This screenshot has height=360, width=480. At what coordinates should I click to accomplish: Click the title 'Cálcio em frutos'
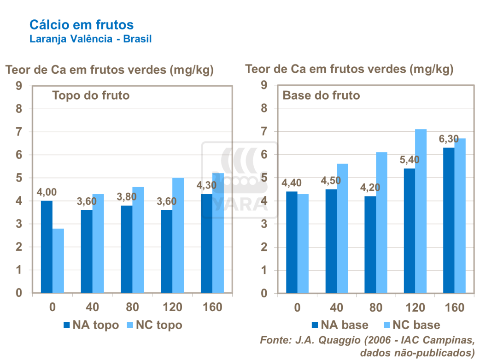82,24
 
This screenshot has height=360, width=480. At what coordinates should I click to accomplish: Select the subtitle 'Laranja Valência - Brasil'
90,39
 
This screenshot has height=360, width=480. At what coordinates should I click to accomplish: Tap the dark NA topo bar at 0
47,247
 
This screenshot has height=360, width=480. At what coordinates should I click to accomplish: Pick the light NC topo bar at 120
178,235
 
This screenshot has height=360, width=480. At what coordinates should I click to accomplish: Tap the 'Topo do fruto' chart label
91,96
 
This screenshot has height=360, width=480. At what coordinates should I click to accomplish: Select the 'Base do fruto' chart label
321,96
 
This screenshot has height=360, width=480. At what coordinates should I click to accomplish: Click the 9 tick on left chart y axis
19,86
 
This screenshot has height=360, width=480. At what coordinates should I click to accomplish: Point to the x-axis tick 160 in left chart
212,307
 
